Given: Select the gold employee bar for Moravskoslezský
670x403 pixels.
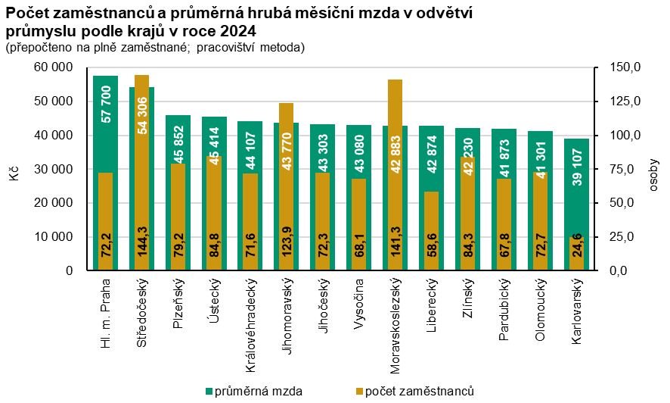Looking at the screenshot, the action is [395, 175].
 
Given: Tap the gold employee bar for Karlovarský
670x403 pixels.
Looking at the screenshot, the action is [577, 254].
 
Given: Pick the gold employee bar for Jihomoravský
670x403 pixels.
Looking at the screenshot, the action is [287, 186].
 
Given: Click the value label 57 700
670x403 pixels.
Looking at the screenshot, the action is [106, 105].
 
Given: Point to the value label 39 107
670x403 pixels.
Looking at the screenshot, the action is [577, 167].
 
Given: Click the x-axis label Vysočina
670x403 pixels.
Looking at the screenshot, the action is [359, 305].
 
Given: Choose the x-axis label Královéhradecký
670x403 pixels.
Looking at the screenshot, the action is [250, 325].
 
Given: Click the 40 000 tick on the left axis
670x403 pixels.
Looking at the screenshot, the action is [53, 135].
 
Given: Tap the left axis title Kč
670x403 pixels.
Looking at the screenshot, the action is [14, 173].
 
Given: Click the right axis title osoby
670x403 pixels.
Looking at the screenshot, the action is [653, 176].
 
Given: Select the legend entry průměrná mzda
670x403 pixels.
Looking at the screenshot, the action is [254, 391].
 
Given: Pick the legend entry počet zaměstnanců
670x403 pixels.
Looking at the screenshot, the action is [415, 391].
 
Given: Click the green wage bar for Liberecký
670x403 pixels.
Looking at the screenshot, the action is [432, 198].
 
